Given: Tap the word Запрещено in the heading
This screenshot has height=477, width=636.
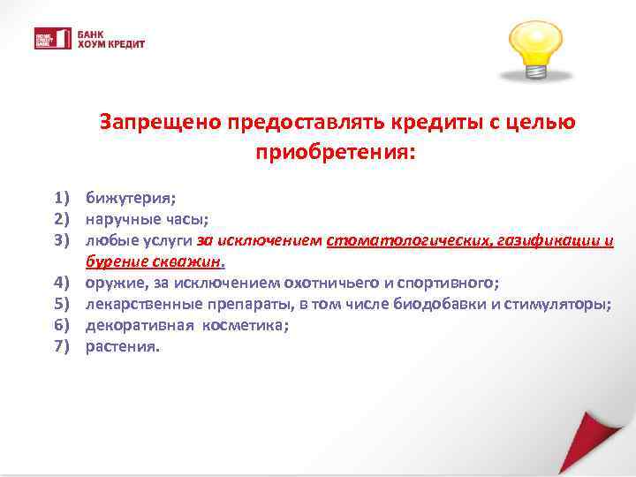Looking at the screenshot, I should pyautogui.click(x=159, y=121).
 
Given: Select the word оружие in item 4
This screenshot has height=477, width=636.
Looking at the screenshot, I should pyautogui.click(x=111, y=284).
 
